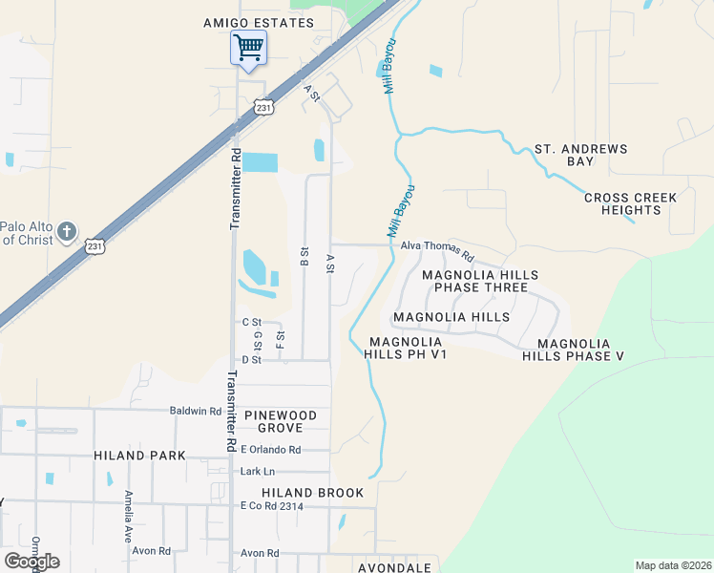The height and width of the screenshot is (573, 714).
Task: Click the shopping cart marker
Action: pos(248,47)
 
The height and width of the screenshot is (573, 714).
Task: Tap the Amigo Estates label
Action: pos(259,22)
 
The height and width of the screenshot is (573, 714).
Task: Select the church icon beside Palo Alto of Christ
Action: pos(67,231)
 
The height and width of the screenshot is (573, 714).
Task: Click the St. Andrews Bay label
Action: pos(580,155)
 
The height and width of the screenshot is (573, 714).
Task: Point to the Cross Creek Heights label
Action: pos(630,203)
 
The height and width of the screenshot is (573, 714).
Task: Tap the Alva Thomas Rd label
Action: pos(437,250)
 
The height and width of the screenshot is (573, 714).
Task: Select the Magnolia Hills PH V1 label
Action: pos(406,348)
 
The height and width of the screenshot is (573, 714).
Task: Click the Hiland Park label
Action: pos(139,456)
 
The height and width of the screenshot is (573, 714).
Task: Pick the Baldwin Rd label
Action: pos(195,411)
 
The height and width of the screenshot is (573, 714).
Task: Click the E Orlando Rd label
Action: pos(271,450)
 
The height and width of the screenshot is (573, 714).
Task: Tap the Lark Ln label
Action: pos(258,472)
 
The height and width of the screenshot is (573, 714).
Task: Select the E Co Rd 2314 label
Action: pos(272,506)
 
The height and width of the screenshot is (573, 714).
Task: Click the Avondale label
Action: pos(395,567)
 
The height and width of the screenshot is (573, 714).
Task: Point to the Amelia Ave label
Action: pos(128,516)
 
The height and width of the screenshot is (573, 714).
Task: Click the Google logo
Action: pos(31,561)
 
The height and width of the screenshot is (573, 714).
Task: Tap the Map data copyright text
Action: pos(672,565)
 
